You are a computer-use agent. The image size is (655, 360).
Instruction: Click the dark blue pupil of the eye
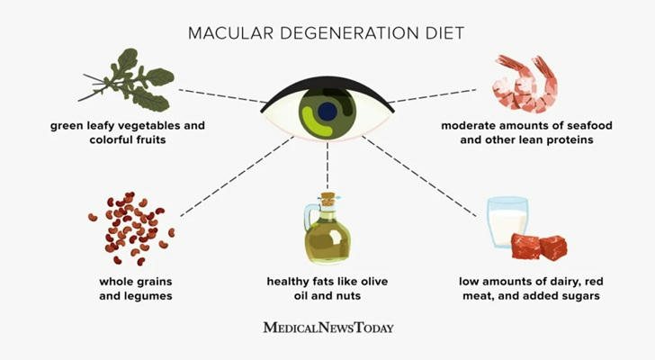click(x=327, y=111)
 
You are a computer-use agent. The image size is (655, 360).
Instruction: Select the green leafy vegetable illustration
click(x=127, y=81)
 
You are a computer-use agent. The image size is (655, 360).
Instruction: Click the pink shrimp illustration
click(x=525, y=85)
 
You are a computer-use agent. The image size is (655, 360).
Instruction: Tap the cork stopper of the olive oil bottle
click(x=327, y=199)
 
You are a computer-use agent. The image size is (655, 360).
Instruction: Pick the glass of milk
click(x=507, y=222)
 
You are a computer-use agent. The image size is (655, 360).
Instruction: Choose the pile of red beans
click(x=131, y=228)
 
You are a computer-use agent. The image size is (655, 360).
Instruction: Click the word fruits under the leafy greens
click(x=149, y=139)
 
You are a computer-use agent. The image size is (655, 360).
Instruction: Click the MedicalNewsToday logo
click(x=328, y=328)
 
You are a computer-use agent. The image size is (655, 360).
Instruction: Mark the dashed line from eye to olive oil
click(x=327, y=166)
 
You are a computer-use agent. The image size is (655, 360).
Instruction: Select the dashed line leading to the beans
click(x=237, y=176)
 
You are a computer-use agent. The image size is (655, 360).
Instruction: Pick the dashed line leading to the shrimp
click(x=433, y=95)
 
